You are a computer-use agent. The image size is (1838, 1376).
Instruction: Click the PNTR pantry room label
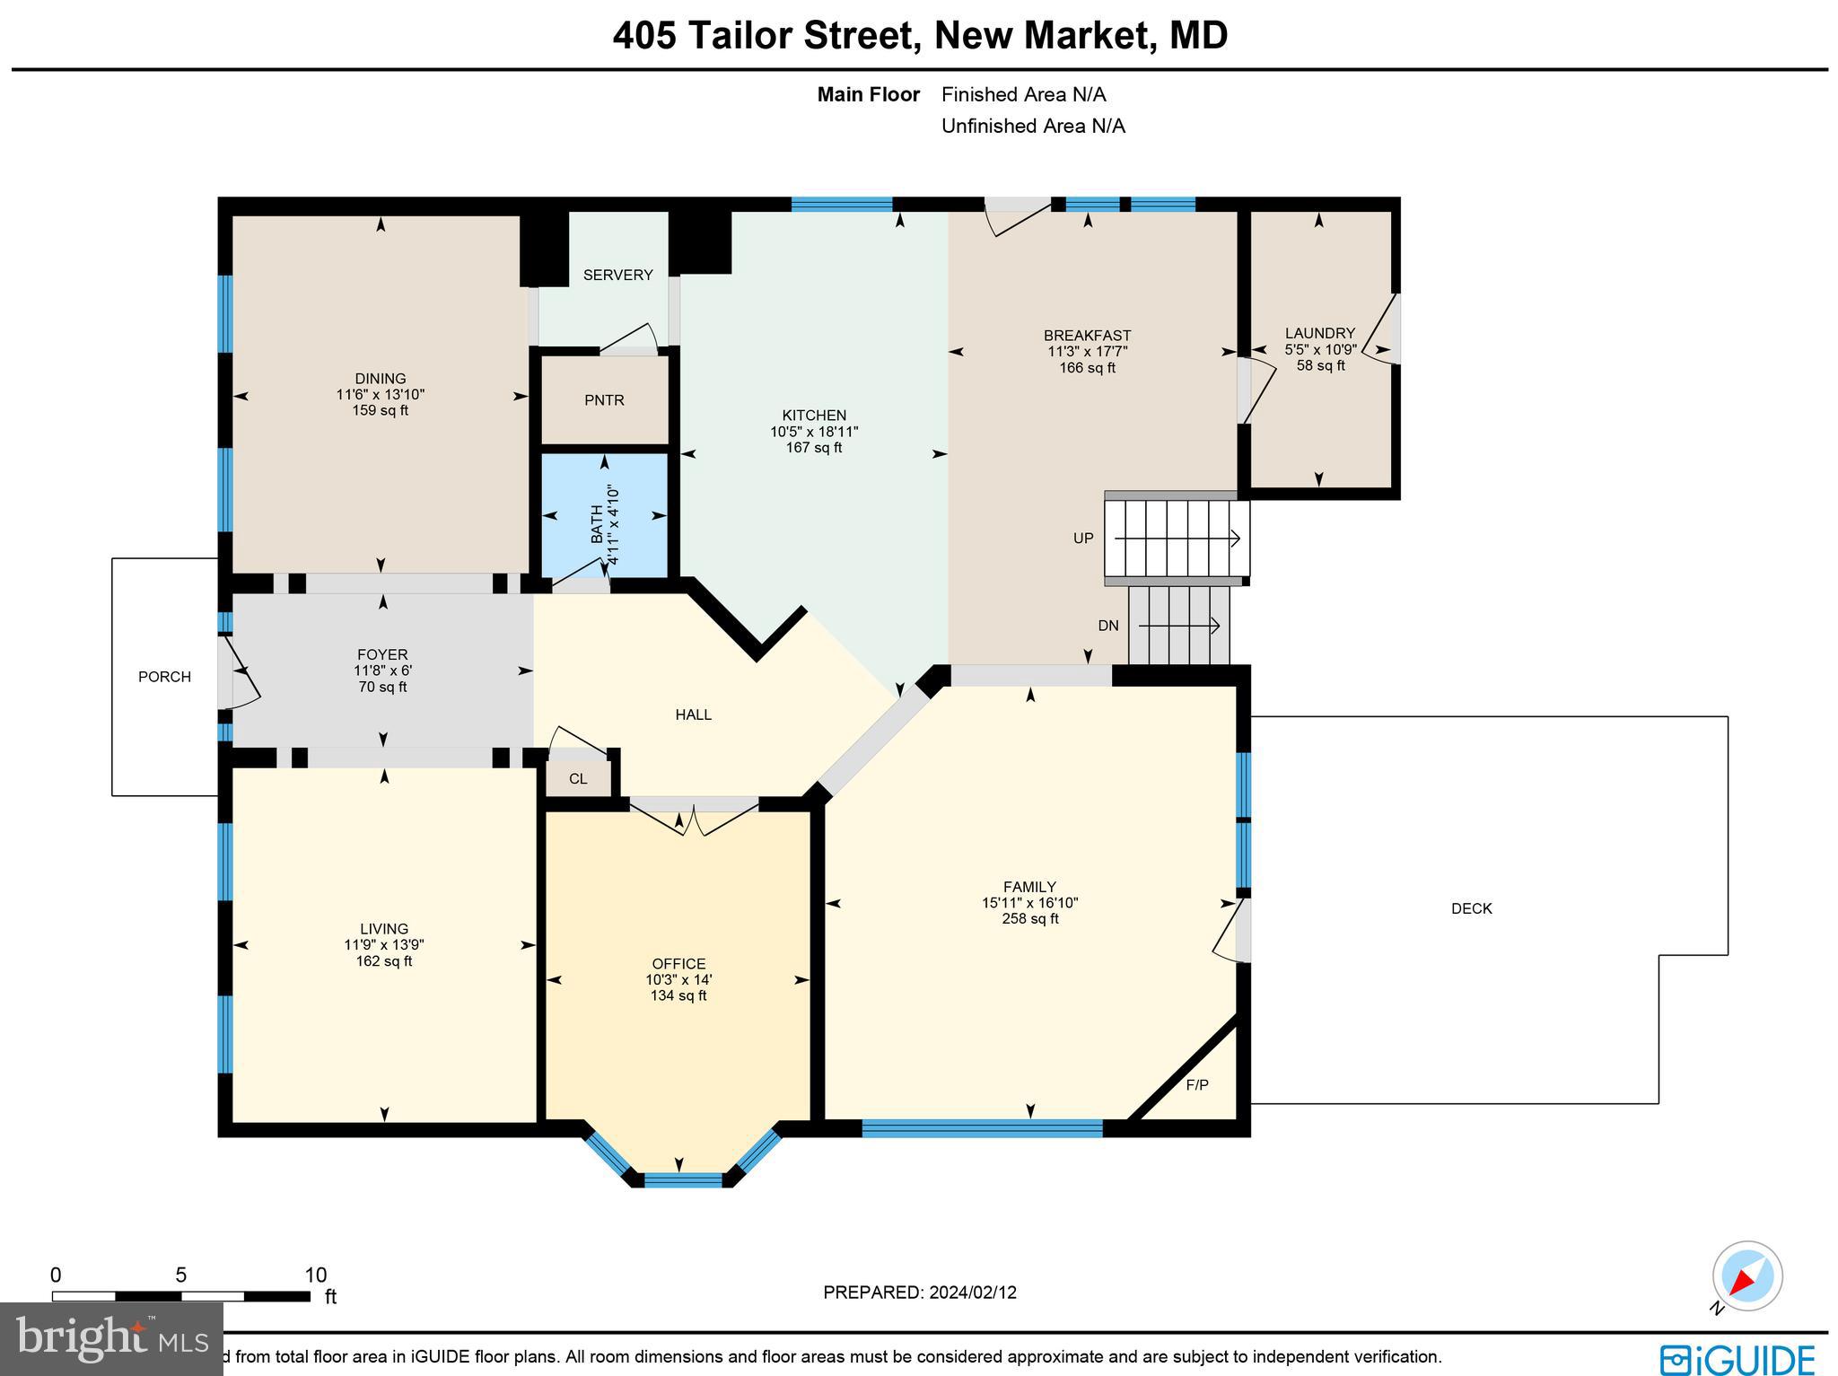[604, 400]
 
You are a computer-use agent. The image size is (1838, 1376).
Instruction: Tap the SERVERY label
[617, 275]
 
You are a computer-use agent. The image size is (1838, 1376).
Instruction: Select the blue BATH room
[604, 516]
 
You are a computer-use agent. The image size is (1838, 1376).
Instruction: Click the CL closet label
[578, 778]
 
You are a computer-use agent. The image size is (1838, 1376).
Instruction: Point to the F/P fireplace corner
[1197, 1085]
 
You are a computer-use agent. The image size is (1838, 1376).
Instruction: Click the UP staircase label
[1083, 539]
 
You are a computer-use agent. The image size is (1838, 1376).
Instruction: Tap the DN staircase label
[1108, 626]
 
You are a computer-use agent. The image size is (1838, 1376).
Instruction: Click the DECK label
[1471, 908]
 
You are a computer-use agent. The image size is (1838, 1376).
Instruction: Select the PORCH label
[164, 677]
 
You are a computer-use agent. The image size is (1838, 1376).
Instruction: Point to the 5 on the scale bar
[180, 1275]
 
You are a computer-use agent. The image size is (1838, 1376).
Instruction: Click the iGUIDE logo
[1737, 1359]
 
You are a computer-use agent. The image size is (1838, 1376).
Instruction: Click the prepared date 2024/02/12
[973, 1293]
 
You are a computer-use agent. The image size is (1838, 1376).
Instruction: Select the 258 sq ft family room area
[1030, 918]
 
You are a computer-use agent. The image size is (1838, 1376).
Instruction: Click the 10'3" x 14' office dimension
[678, 980]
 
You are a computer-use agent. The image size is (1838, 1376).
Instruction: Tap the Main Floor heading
[868, 94]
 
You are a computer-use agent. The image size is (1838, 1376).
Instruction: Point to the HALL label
[693, 714]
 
